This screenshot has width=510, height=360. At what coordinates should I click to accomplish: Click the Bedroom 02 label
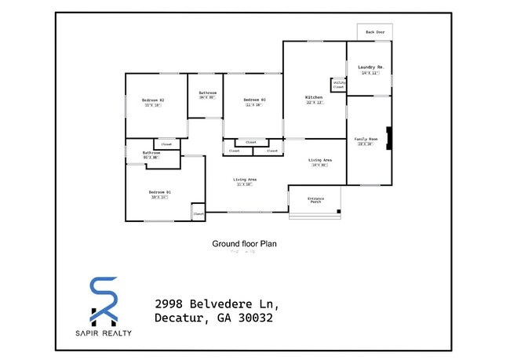[x=153, y=100]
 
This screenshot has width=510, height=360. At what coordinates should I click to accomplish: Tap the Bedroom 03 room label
[x=254, y=100]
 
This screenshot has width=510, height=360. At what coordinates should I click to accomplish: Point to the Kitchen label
[x=314, y=98]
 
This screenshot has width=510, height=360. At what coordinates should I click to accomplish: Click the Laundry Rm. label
[x=370, y=68]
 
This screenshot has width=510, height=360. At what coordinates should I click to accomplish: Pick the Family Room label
[x=366, y=139]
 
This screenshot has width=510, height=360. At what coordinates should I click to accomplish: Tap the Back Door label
[x=374, y=32]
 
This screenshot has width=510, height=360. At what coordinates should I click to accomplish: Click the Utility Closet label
[x=339, y=84]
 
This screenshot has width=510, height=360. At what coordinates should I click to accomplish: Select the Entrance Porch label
[x=315, y=201]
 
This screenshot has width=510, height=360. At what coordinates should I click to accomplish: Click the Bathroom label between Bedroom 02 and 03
[x=207, y=93]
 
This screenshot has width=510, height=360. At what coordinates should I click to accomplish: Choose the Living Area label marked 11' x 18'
[x=245, y=180]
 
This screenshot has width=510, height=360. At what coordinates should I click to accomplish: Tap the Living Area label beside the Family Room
[x=319, y=161]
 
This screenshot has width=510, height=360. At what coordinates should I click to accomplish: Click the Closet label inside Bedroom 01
[x=199, y=213]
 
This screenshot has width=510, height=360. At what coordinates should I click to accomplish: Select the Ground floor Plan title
[x=244, y=243]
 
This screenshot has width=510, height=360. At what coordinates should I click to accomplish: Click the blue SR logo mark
[x=104, y=300]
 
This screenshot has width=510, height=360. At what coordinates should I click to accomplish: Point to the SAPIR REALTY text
[x=104, y=333]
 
